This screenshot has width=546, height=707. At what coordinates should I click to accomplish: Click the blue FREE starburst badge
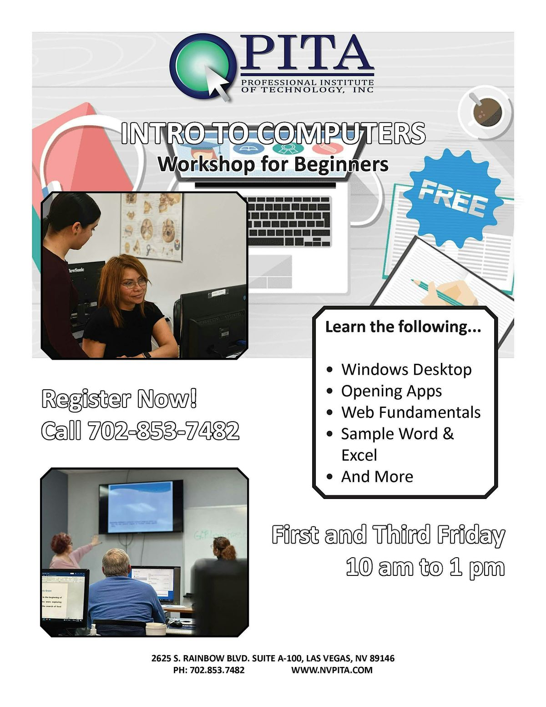(x=453, y=199)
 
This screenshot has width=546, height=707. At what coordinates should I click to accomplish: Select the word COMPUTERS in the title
(x=341, y=133)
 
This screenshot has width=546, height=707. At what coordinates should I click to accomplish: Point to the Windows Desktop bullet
(x=406, y=369)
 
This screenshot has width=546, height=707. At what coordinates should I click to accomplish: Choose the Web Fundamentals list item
(x=410, y=412)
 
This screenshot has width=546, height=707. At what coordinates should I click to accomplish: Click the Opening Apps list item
(x=391, y=391)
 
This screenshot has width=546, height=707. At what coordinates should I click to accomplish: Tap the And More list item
(x=377, y=477)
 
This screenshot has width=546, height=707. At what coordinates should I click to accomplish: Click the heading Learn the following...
(x=403, y=326)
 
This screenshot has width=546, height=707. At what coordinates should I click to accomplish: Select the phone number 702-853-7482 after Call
(x=163, y=430)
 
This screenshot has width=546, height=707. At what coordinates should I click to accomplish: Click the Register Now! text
(x=119, y=398)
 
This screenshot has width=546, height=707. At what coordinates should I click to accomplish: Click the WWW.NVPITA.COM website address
(x=332, y=670)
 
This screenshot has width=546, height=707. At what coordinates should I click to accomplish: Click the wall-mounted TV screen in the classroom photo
(x=141, y=506)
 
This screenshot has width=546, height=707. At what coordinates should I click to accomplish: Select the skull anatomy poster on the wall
(x=152, y=226)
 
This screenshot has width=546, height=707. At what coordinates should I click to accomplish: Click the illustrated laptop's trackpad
(x=270, y=271)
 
